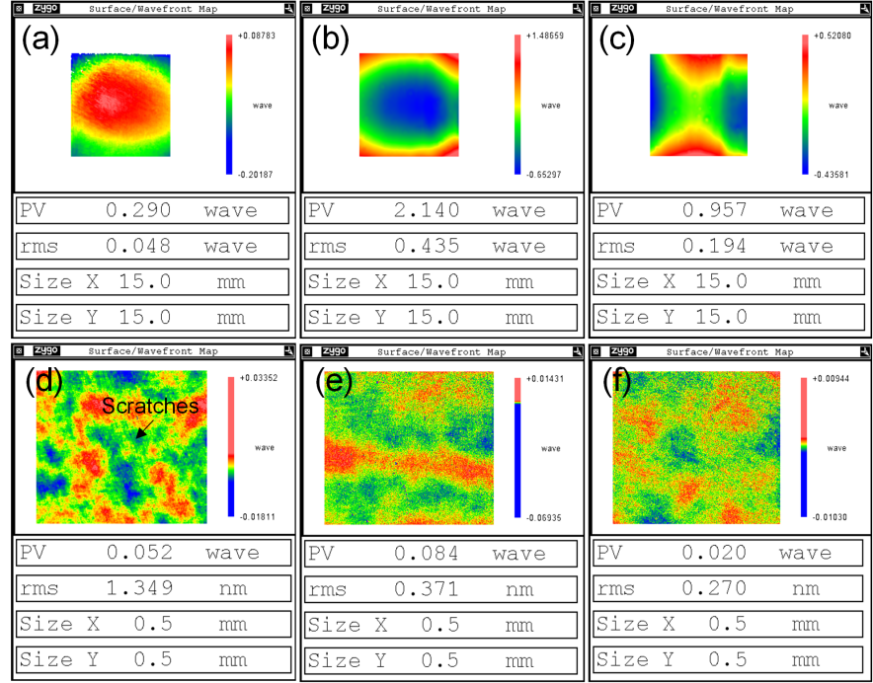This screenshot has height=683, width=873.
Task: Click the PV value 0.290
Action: point(145,210)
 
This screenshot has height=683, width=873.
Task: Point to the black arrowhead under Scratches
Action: point(139,433)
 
